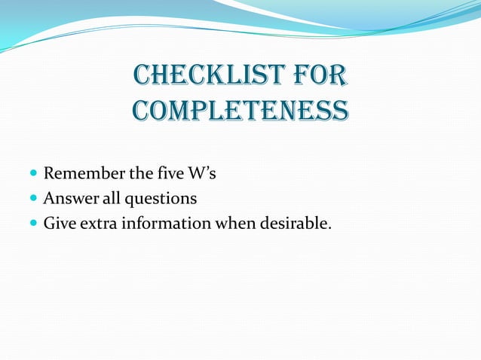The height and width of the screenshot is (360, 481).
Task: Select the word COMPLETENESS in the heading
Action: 240,111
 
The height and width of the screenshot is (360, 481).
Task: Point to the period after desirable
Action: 329,227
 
